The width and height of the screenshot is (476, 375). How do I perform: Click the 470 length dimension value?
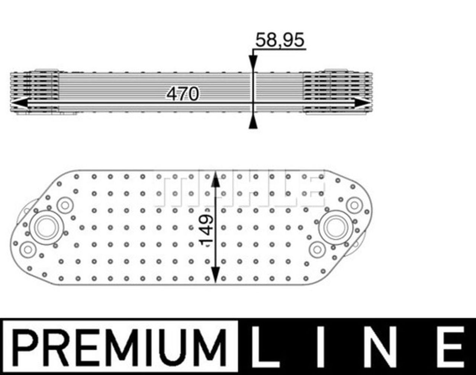click(x=183, y=94)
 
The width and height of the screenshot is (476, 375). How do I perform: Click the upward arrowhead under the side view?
click(x=253, y=122)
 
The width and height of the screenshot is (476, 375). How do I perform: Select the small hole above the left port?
click(x=65, y=205)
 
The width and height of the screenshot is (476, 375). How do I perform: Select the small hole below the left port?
click(x=27, y=249)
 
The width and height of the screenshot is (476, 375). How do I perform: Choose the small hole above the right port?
click(x=354, y=205)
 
